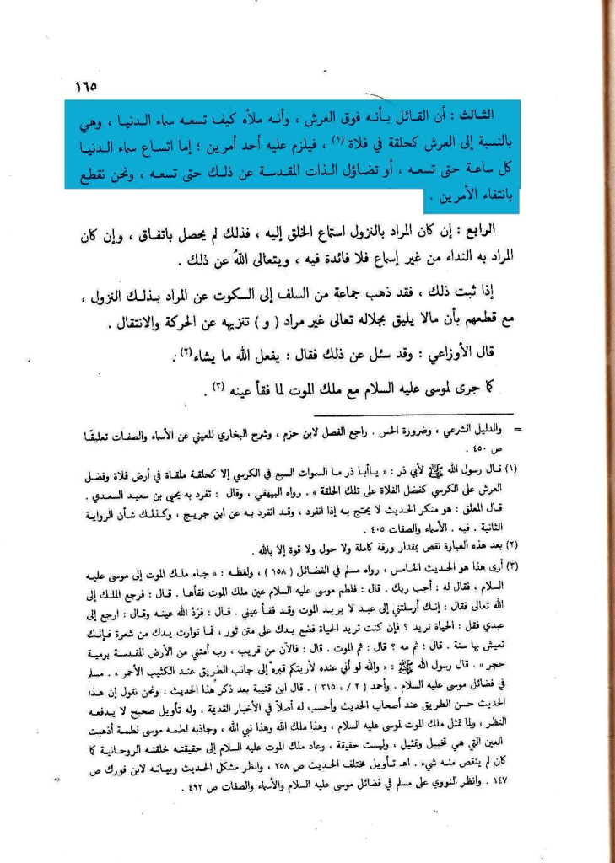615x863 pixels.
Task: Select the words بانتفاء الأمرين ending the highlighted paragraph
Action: tap(472, 199)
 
